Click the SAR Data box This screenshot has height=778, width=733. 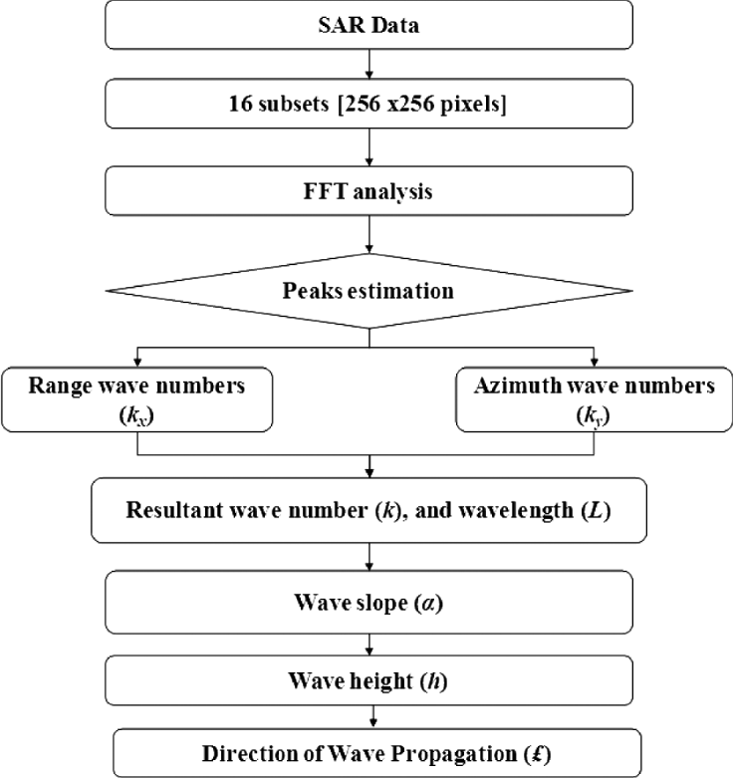point(370,24)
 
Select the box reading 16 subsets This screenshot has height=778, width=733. point(370,108)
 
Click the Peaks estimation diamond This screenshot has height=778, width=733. point(370,292)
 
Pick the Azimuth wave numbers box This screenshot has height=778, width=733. point(594,398)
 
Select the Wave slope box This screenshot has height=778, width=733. point(370,603)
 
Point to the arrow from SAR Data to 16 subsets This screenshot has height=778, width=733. point(370,66)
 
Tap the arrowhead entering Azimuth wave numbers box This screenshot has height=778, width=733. point(594,361)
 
